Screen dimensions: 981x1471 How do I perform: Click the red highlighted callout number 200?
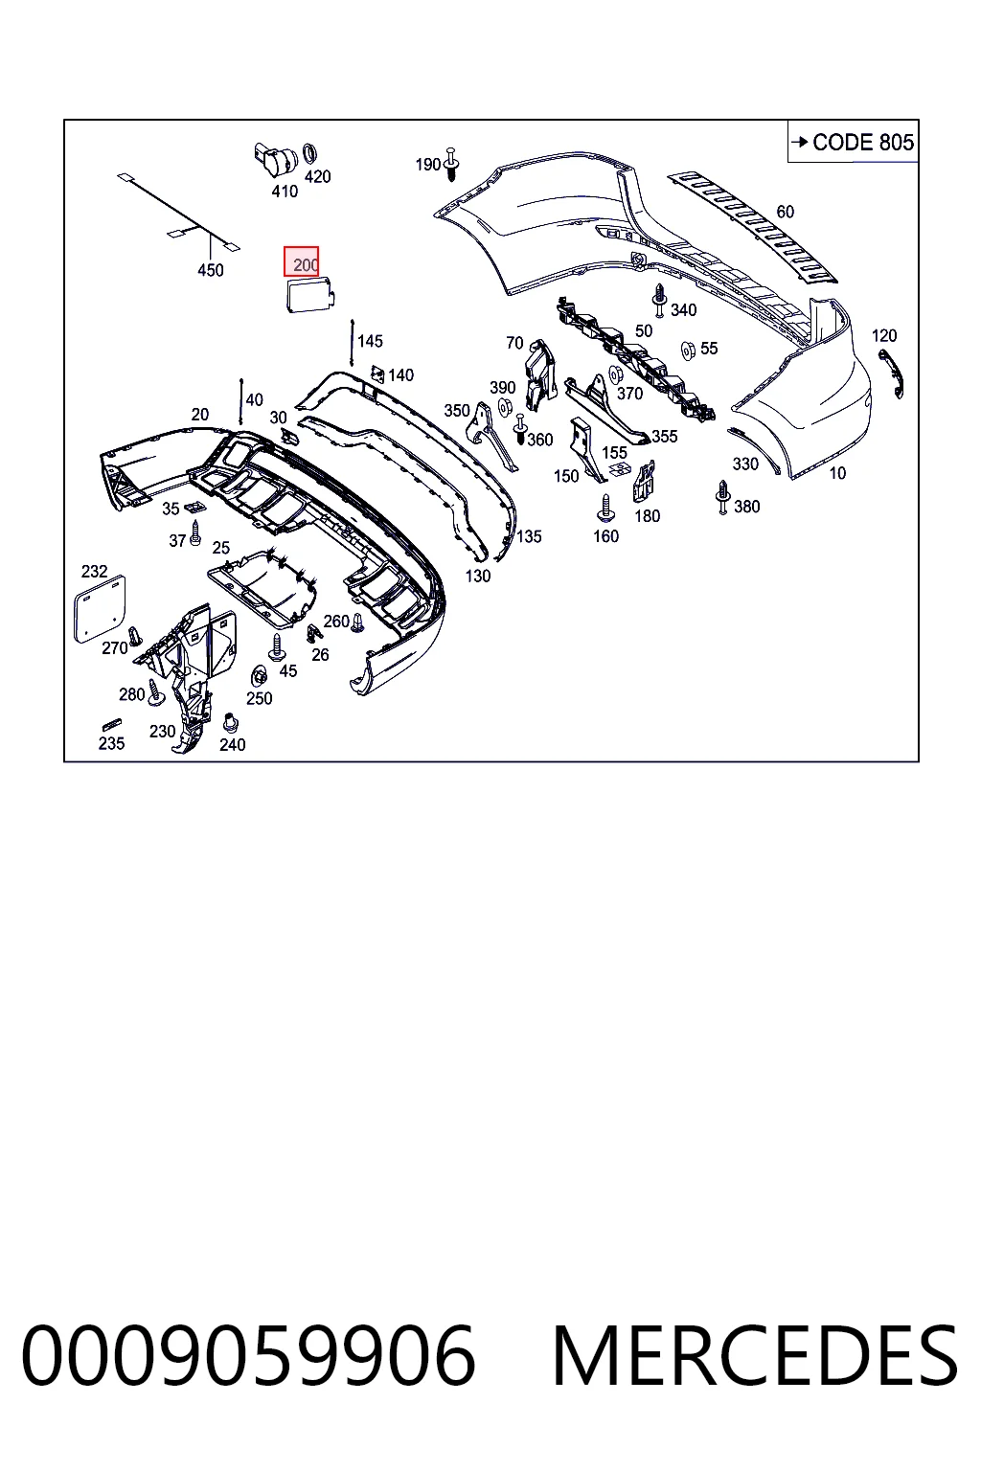[302, 262]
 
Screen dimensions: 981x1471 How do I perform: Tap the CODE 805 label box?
[853, 141]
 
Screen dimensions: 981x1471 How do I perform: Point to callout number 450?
[210, 270]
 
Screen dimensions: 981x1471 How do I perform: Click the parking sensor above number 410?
[275, 161]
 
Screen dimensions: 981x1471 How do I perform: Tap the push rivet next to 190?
[451, 164]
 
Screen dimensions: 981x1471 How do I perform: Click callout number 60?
[786, 212]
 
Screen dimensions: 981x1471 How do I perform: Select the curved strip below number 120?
[891, 373]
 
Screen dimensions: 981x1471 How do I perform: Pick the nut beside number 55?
[688, 351]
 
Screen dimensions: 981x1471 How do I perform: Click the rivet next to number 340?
[660, 302]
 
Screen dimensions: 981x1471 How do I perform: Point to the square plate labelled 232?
[100, 609]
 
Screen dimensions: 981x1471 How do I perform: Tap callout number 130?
[478, 576]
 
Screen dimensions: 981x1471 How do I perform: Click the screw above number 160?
[605, 509]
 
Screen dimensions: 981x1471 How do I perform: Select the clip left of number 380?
[722, 497]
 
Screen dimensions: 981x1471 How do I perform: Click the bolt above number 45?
[277, 646]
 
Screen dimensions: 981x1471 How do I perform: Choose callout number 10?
[837, 473]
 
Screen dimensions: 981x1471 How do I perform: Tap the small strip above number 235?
[112, 724]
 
